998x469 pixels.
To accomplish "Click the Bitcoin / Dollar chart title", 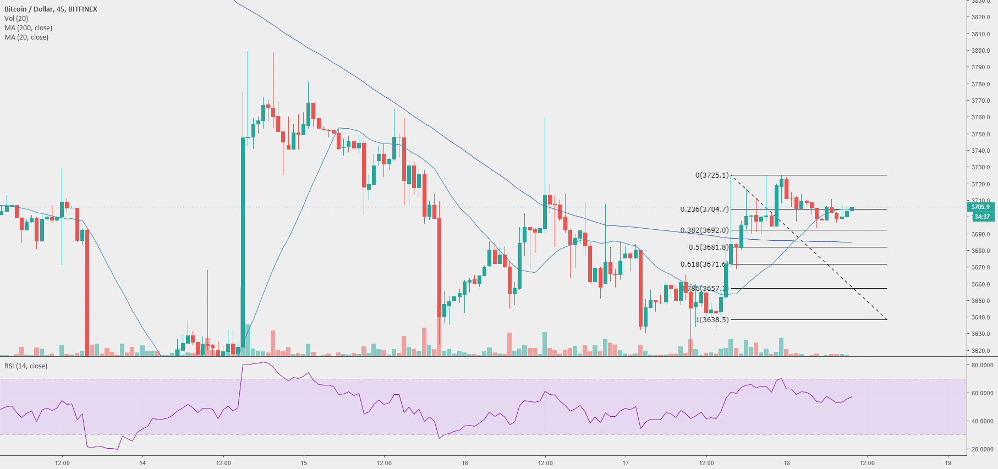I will click(51, 9).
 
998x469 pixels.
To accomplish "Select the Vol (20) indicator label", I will click(16, 19).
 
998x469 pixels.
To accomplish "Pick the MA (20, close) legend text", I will click(26, 37).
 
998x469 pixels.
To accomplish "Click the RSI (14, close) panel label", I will click(26, 366).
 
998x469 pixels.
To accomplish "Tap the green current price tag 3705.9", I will click(981, 207).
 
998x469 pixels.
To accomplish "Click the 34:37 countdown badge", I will click(981, 217).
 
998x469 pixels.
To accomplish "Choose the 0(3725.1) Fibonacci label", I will click(712, 175).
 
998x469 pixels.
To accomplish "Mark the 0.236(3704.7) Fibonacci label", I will click(704, 209).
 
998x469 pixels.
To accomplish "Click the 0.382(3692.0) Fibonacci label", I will click(704, 230).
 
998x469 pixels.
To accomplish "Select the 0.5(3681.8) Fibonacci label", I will click(708, 247).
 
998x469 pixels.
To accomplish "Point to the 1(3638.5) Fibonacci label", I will click(712, 320).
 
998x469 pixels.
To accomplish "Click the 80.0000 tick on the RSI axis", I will click(982, 365).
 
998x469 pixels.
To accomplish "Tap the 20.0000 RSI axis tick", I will click(982, 449).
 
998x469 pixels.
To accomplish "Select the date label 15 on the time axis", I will click(304, 463).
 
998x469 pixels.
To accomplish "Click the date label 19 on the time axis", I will click(948, 463).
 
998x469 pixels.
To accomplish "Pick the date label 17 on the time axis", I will click(626, 463).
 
